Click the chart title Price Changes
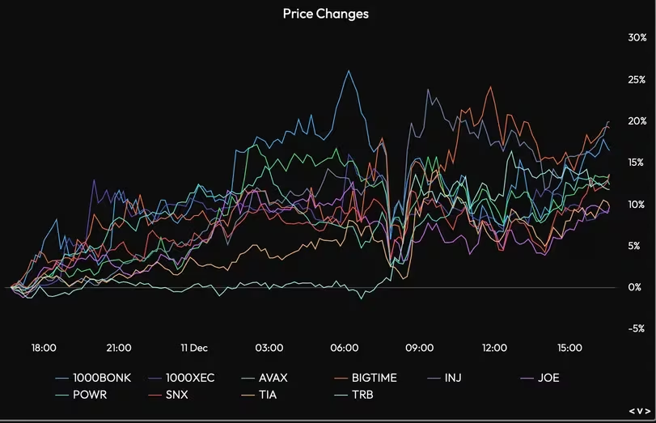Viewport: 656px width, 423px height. point(325,14)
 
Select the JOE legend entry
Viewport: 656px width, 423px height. point(548,378)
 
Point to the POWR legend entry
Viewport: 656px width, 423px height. point(90,395)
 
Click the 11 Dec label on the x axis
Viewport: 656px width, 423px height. point(194,348)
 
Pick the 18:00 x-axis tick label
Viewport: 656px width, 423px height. point(44,348)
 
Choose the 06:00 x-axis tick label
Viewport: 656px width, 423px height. point(345,348)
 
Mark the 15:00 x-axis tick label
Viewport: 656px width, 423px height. point(569,348)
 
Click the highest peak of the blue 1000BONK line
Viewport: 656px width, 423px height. point(349,71)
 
